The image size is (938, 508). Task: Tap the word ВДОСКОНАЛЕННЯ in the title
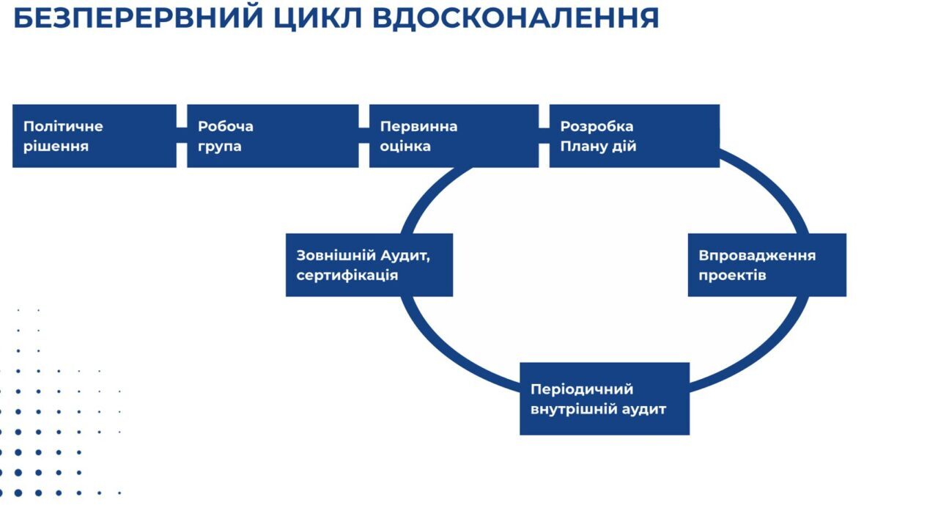click(x=516, y=17)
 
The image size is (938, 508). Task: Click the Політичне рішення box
click(x=95, y=136)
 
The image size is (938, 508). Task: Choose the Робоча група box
click(x=273, y=136)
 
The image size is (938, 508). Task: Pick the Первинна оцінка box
click(x=454, y=136)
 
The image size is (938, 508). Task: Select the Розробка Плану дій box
click(x=634, y=136)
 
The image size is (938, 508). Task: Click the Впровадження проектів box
click(x=767, y=265)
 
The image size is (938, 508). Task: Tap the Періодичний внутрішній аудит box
click(x=605, y=399)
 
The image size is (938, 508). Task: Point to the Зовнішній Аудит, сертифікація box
click(x=369, y=265)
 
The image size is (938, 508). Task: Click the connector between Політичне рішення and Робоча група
click(x=182, y=136)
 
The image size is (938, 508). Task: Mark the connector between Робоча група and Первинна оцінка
click(x=363, y=136)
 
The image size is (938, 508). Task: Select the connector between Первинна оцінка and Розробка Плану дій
click(x=544, y=136)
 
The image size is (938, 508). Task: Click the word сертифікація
click(x=347, y=276)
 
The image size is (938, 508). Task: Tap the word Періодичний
click(x=582, y=389)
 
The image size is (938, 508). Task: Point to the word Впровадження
click(x=757, y=256)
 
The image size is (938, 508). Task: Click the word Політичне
click(x=63, y=126)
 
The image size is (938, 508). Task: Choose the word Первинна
click(x=418, y=126)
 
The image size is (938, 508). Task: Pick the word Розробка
click(x=597, y=126)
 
